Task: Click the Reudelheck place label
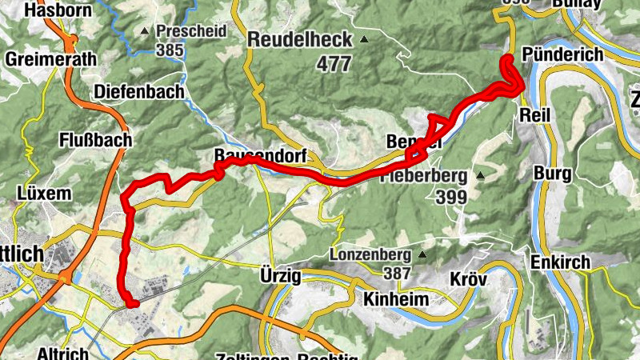pos(300,39)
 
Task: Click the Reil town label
pos(536,115)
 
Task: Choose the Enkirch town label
pos(560,262)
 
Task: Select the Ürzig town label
pos(280,276)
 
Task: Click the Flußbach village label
pos(95,140)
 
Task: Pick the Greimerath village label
pos(51,59)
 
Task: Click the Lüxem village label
pos(44,194)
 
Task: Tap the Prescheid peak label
pos(192,31)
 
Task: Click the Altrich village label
pos(64,352)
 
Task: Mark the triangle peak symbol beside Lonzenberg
pos(422,255)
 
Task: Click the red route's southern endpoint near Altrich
pos(132,302)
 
